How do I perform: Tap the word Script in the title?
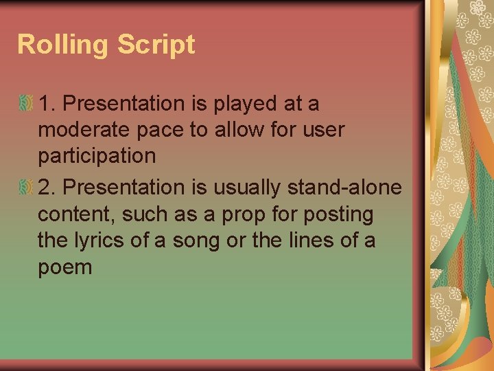point(156,45)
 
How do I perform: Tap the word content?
point(78,214)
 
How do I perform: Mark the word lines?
point(316,240)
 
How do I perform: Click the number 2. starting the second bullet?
point(47,186)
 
